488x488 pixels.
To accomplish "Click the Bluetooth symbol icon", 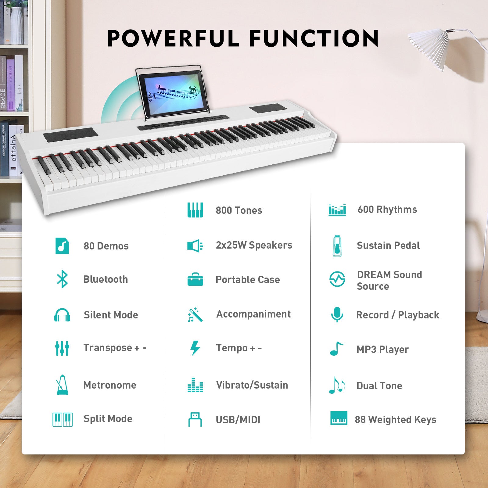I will tap(62, 279).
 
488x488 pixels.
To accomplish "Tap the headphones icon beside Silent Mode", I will tap(62, 315).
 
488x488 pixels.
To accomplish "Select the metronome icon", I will tap(62, 385).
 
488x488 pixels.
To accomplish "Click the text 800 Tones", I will tap(239, 210).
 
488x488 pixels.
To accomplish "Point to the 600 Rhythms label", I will tap(387, 210).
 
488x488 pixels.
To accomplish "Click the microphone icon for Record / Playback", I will tap(337, 314).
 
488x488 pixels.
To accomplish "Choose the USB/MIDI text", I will tap(238, 420).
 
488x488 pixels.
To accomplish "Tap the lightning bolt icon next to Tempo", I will tap(195, 348).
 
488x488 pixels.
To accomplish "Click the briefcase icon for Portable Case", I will tap(195, 279).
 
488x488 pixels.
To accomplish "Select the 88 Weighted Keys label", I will tap(395, 419).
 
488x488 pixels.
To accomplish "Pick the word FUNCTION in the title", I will tap(314, 38).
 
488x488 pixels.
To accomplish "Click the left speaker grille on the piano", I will tap(70, 135).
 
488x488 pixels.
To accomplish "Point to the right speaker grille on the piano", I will tap(267, 108).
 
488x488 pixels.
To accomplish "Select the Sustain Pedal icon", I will tap(337, 246).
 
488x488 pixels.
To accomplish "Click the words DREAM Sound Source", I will tap(389, 280).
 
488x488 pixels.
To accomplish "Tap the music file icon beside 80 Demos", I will tap(62, 246).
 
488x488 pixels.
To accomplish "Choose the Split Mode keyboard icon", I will tap(62, 419).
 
